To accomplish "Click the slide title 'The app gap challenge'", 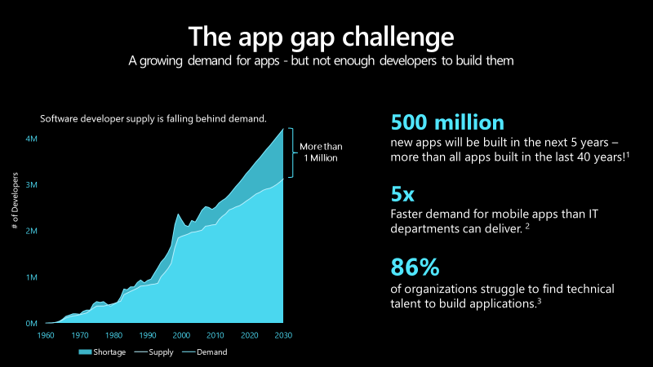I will point(321,37).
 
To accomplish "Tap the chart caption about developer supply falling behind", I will point(153,119).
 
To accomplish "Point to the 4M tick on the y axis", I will point(30,139).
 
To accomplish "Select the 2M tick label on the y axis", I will point(30,232).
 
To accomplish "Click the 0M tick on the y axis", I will point(30,324).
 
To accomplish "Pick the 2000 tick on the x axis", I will point(181,335).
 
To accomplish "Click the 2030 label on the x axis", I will point(283,335).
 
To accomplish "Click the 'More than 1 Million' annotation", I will point(320,153).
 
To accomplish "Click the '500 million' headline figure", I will point(447,123).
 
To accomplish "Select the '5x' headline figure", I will point(403,197).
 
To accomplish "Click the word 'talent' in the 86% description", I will point(407,303).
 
